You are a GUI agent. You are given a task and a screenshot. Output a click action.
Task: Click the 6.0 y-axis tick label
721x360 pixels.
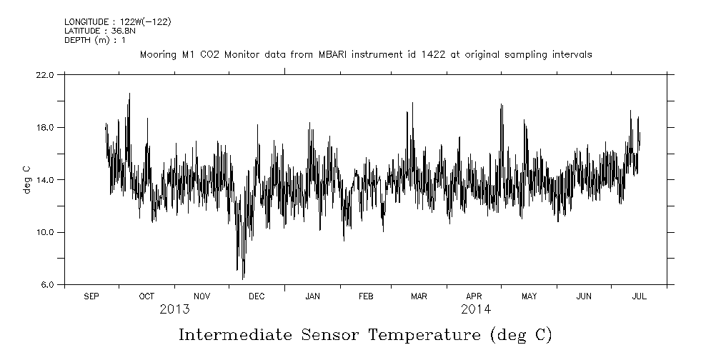pyautogui.click(x=46, y=285)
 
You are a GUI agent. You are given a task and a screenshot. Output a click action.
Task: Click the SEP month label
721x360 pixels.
pyautogui.click(x=91, y=296)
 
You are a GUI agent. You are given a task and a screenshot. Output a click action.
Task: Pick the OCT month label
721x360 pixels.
pyautogui.click(x=146, y=296)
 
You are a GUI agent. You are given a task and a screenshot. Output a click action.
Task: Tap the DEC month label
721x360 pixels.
pyautogui.click(x=256, y=296)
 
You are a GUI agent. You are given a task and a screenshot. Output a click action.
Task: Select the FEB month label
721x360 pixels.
pyautogui.click(x=365, y=296)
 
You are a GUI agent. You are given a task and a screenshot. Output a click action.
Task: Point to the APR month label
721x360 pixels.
pyautogui.click(x=474, y=296)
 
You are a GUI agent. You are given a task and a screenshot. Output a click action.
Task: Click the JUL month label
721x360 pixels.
pyautogui.click(x=639, y=296)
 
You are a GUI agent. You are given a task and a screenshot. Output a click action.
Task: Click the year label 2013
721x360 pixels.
pyautogui.click(x=174, y=309)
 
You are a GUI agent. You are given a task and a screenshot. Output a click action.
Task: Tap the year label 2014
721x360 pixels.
pyautogui.click(x=475, y=309)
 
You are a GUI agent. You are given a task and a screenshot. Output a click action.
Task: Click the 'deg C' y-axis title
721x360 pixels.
pyautogui.click(x=26, y=179)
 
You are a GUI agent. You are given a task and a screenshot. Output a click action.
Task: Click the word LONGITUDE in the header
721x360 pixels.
pyautogui.click(x=86, y=21)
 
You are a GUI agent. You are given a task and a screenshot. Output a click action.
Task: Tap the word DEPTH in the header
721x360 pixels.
pyautogui.click(x=76, y=40)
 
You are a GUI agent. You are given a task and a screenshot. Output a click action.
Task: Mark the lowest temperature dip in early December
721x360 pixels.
pyautogui.click(x=243, y=278)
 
